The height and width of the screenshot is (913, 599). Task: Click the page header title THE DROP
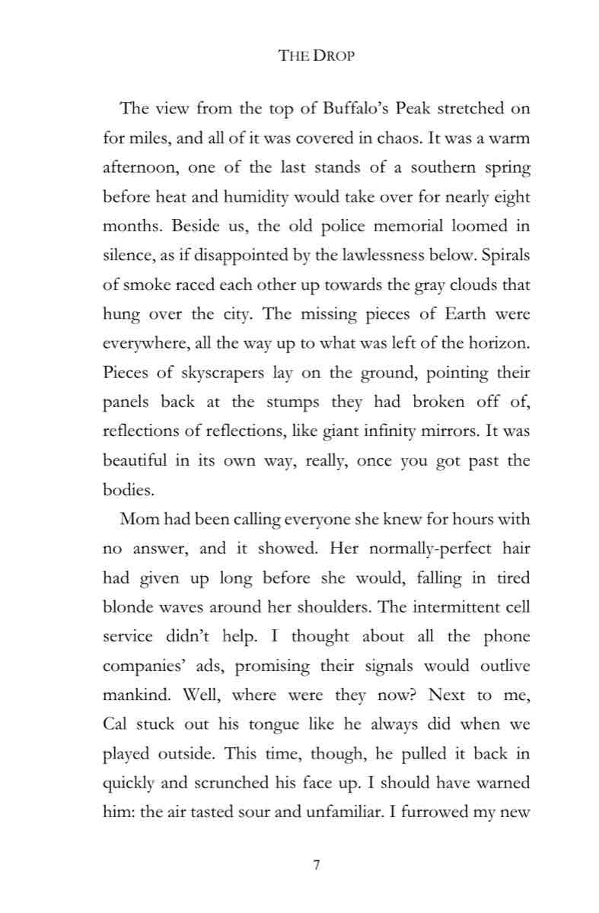click(x=317, y=56)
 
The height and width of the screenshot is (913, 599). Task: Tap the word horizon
click(x=496, y=342)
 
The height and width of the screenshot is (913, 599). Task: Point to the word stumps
click(x=304, y=402)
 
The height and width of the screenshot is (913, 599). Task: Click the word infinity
click(x=397, y=430)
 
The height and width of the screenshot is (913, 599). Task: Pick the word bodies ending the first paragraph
click(x=128, y=491)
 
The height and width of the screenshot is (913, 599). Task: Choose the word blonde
click(x=129, y=606)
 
